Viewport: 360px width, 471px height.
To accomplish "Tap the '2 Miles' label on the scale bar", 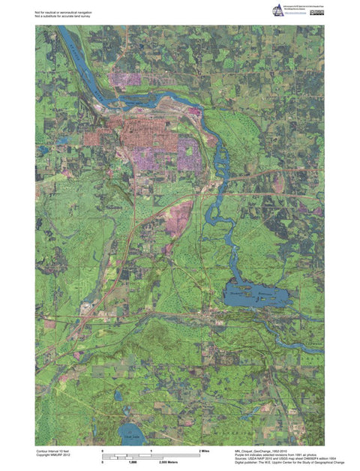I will [x=204, y=450].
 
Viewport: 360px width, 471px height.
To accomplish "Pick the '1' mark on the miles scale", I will [x=152, y=450].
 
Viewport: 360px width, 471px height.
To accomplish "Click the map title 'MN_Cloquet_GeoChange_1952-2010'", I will [x=262, y=451].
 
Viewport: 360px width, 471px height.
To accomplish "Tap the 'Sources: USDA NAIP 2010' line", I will [x=278, y=458].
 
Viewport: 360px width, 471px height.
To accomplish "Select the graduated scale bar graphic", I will [x=150, y=456].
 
